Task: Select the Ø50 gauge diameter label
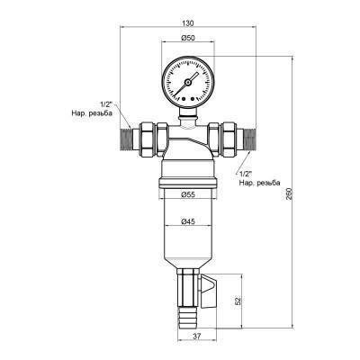[188, 40]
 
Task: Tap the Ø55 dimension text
[188, 195]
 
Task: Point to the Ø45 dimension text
[188, 221]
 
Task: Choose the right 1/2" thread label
[247, 171]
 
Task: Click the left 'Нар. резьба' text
[89, 115]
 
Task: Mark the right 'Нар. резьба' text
[261, 183]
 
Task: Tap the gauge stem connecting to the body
[188, 116]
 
